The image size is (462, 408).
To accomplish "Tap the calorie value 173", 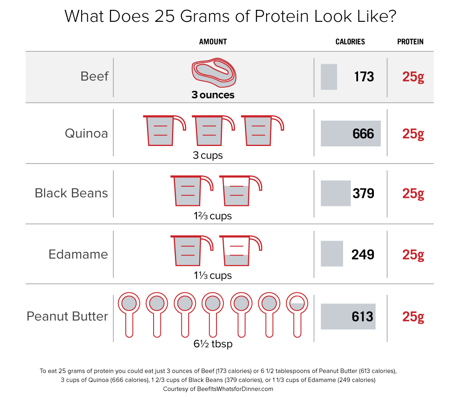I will click(364, 77).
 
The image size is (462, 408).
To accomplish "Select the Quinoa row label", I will click(86, 134).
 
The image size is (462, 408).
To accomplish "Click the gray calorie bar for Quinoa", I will click(338, 134).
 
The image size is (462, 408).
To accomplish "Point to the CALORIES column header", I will click(350, 42).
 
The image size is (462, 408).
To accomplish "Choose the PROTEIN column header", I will click(410, 42).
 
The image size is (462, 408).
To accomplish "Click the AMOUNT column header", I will click(213, 42).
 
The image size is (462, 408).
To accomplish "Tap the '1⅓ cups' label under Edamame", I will click(212, 275).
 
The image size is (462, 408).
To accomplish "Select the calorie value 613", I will click(362, 317).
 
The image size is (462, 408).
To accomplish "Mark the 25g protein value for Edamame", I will click(413, 254).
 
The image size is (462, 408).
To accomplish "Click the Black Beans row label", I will click(71, 193).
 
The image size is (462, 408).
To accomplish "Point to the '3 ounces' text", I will click(213, 95).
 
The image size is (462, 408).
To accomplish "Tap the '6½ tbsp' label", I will click(213, 343).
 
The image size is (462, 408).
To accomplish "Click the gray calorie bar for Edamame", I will click(332, 253).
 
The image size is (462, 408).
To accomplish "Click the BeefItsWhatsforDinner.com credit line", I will click(218, 389).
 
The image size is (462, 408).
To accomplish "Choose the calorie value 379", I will click(363, 194).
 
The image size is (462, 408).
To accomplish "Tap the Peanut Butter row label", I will click(67, 316).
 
